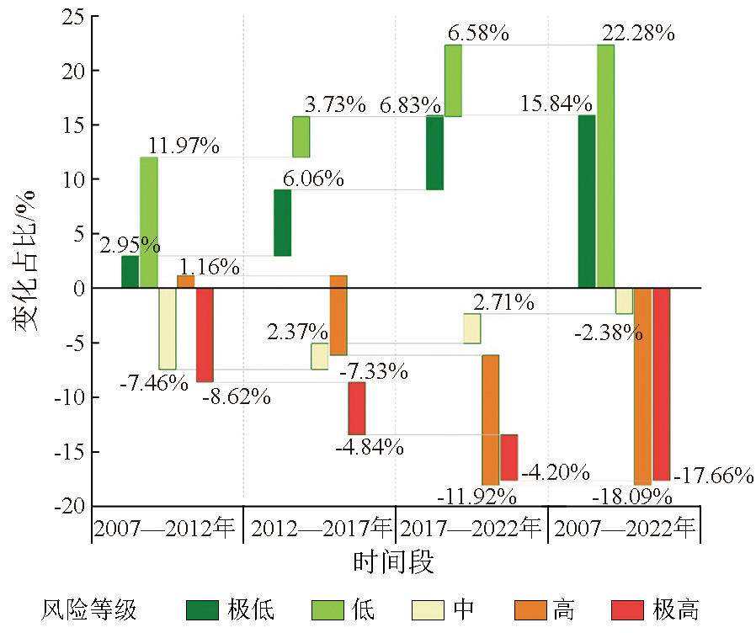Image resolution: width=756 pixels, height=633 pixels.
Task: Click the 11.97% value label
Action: pyautogui.click(x=184, y=145)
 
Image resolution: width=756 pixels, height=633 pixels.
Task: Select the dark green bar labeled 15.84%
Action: pyautogui.click(x=587, y=202)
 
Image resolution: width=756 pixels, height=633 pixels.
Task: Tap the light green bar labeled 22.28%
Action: pyautogui.click(x=605, y=167)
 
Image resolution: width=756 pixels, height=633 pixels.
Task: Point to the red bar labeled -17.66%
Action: pyautogui.click(x=661, y=384)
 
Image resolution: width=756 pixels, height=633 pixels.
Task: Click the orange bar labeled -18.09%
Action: pyautogui.click(x=642, y=386)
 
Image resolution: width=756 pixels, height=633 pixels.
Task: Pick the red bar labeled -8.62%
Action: pyautogui.click(x=205, y=335)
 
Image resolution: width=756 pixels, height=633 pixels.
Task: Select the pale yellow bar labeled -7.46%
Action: pyautogui.click(x=168, y=328)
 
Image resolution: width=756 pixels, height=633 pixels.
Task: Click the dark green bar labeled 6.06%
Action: pyautogui.click(x=283, y=222)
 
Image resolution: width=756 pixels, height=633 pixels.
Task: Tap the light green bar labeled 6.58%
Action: pyautogui.click(x=453, y=81)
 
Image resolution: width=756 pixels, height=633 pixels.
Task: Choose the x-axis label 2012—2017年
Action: pyautogui.click(x=320, y=529)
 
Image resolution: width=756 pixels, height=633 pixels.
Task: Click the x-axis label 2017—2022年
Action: pyautogui.click(x=471, y=529)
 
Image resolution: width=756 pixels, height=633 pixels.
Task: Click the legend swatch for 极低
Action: pyautogui.click(x=202, y=609)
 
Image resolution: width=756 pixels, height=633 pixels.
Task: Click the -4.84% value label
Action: pyautogui.click(x=370, y=446)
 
